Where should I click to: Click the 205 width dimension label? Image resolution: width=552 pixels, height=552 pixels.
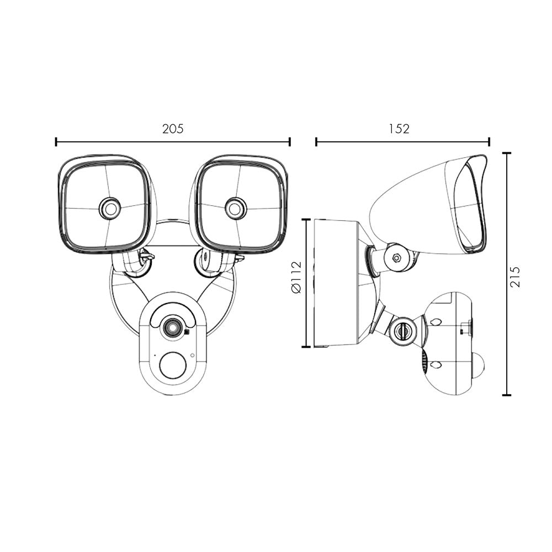(x=172, y=129)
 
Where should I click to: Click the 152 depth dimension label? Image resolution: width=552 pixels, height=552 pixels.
(x=399, y=129)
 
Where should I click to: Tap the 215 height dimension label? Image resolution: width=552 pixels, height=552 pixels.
(x=514, y=277)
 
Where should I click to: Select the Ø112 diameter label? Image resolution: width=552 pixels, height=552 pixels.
(x=296, y=278)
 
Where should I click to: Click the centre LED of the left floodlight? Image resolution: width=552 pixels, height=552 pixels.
(x=110, y=209)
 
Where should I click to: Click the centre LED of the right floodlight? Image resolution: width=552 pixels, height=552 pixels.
(x=236, y=209)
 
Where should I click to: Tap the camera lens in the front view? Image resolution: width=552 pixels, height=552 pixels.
(x=172, y=328)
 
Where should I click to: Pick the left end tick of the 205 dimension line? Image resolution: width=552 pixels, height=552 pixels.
(x=56, y=142)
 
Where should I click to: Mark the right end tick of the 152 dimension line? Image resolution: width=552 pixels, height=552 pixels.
(x=489, y=142)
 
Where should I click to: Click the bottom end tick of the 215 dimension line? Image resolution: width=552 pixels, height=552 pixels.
(x=507, y=395)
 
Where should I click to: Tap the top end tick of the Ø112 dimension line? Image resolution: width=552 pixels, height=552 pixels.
(x=306, y=219)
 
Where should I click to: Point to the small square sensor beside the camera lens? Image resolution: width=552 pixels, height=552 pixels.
(x=187, y=332)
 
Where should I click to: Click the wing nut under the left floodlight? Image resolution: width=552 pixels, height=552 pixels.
(x=146, y=256)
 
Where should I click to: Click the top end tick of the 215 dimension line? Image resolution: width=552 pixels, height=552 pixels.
(x=507, y=153)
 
